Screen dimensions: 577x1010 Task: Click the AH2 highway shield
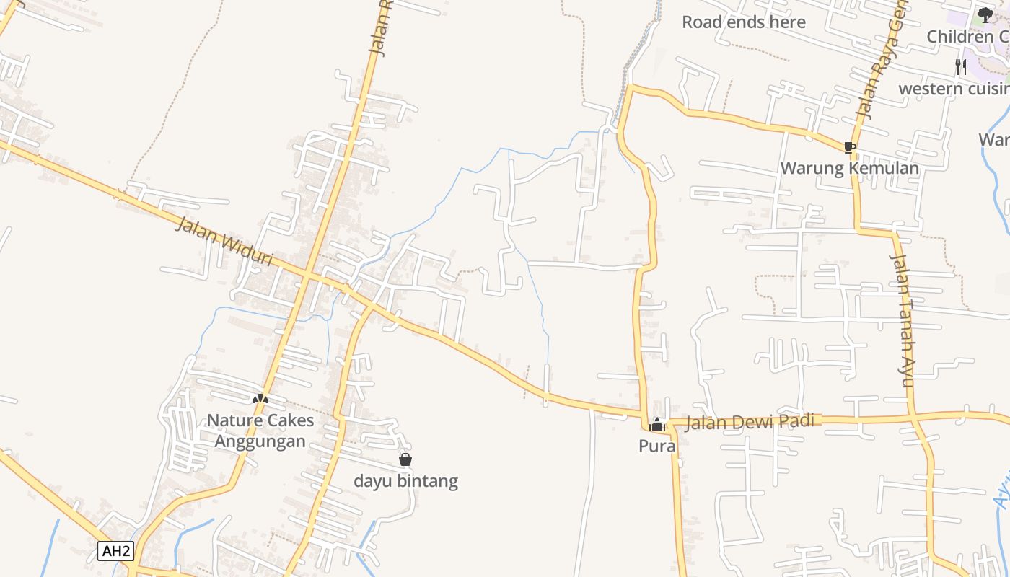tap(116, 551)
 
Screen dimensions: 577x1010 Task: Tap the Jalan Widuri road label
tap(225, 242)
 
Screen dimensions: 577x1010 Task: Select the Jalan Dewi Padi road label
tap(750, 421)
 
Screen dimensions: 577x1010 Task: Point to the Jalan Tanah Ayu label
tap(903, 320)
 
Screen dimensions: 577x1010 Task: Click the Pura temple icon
tap(656, 425)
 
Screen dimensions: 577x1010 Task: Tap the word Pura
tap(656, 446)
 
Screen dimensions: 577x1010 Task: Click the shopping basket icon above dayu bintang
tap(405, 459)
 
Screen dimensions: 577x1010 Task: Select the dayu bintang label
tap(405, 480)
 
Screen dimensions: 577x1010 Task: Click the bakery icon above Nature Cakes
tap(260, 398)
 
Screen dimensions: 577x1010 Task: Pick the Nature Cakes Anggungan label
tap(260, 431)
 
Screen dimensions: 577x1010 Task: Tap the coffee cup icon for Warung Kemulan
tap(850, 147)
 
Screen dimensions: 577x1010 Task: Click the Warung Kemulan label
tap(850, 168)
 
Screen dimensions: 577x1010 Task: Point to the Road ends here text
tap(744, 22)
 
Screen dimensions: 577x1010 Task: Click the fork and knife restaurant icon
tap(960, 67)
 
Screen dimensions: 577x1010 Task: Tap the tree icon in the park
tap(985, 14)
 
